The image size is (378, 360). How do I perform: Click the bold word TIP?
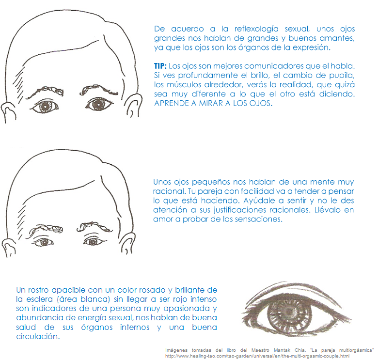click(160, 66)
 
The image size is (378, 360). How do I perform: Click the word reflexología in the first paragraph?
click(256, 29)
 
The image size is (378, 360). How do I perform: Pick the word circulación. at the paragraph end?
click(38, 336)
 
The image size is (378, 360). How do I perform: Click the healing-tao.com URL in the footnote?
click(257, 356)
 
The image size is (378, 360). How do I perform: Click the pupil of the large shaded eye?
click(287, 311)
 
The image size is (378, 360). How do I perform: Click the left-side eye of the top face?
click(45, 106)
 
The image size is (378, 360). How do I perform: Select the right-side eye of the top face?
click(98, 104)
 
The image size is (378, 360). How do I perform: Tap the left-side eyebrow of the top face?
click(45, 92)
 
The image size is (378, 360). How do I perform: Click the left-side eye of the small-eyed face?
click(44, 242)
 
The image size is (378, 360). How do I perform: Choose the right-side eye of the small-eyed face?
click(94, 241)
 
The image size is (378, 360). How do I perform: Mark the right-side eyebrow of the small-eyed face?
click(94, 227)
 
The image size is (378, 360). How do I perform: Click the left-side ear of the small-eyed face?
click(9, 248)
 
